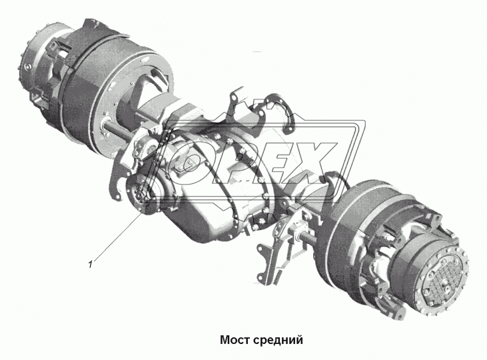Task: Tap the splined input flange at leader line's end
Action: (x=141, y=193)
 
